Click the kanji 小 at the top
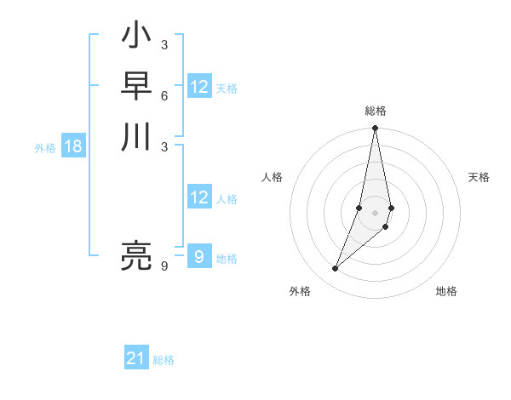pyautogui.click(x=135, y=37)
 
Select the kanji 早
pyautogui.click(x=135, y=87)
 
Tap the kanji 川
pyautogui.click(x=135, y=137)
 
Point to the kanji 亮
pyautogui.click(x=135, y=255)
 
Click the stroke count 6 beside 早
pyautogui.click(x=164, y=95)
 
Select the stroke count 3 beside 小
pyautogui.click(x=164, y=45)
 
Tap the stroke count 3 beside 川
pyautogui.click(x=164, y=146)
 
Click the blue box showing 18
pyautogui.click(x=73, y=146)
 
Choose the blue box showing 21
pyautogui.click(x=136, y=359)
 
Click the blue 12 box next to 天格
pyautogui.click(x=199, y=87)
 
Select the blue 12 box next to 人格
pyautogui.click(x=199, y=198)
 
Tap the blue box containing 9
pyautogui.click(x=199, y=257)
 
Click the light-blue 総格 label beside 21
pyautogui.click(x=164, y=360)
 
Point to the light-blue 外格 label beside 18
pyautogui.click(x=45, y=148)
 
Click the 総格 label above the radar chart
pyautogui.click(x=376, y=111)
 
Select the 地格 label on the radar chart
pyautogui.click(x=446, y=292)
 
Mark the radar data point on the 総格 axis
pyautogui.click(x=376, y=129)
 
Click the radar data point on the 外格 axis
pyautogui.click(x=335, y=269)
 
